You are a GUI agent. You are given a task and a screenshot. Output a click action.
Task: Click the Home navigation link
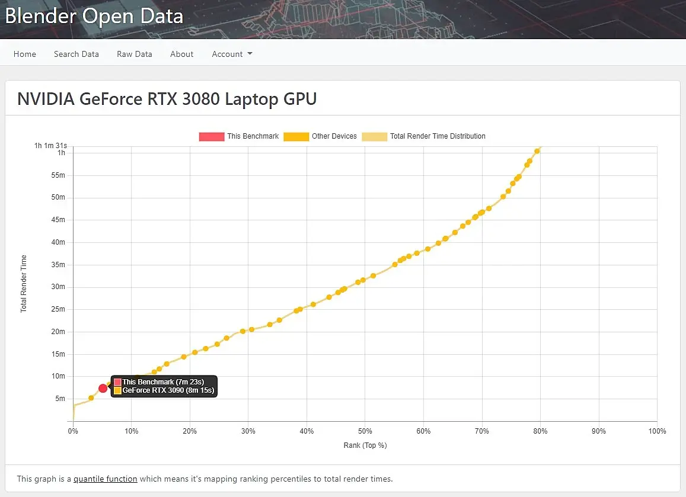[25, 54]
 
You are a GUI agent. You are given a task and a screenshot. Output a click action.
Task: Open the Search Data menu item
[76, 54]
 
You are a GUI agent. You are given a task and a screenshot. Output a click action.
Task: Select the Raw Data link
[135, 54]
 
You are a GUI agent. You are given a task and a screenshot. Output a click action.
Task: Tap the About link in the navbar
[182, 54]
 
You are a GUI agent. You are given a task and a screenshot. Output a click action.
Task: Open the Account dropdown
[232, 54]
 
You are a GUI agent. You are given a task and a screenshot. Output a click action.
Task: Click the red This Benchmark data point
[103, 388]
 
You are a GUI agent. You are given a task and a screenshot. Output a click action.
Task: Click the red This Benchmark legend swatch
[212, 136]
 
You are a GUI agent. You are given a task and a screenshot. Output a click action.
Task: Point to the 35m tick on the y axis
[58, 265]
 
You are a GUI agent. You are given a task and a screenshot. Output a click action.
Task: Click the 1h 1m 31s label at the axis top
[50, 145]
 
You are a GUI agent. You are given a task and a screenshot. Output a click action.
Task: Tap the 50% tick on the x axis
[365, 431]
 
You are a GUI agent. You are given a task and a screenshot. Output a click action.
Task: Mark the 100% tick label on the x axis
[657, 431]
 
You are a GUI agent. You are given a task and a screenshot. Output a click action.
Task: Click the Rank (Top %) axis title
[365, 445]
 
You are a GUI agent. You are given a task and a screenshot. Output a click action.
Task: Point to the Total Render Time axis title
[24, 284]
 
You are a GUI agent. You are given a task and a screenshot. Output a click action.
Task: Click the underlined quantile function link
[106, 479]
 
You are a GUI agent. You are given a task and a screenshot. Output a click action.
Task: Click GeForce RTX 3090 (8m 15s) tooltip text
[168, 391]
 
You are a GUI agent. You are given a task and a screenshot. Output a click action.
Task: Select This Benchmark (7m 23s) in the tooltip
[163, 382]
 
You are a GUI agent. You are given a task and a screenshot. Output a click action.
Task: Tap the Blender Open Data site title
[94, 16]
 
